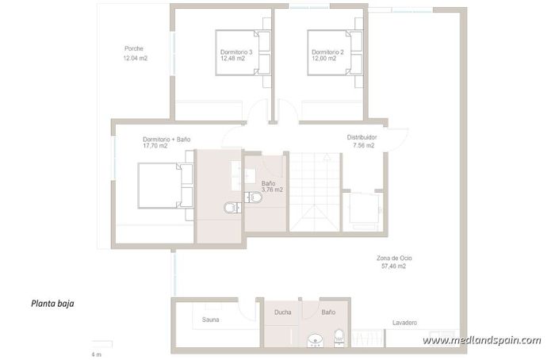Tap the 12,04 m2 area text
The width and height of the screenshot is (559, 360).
coord(136,59)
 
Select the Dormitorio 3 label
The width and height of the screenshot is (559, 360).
coord(236,52)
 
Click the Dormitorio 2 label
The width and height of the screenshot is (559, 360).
coord(327,52)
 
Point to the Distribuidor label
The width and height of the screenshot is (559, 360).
coord(362,137)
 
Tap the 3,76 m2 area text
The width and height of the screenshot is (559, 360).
coord(272,190)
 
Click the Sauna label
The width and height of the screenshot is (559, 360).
coord(211,320)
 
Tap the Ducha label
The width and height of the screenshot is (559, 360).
coord(282,312)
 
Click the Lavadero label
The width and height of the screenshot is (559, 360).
coord(404,323)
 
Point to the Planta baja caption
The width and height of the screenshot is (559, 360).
coord(53,303)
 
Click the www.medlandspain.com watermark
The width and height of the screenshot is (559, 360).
coord(481,340)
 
